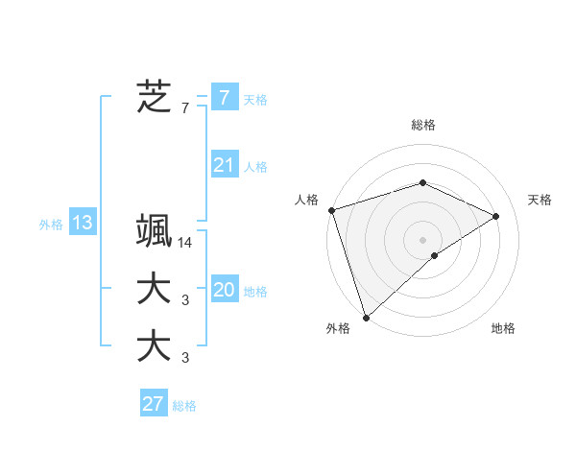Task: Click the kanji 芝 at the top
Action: (154, 96)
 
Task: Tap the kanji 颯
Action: (154, 231)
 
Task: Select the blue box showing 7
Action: (224, 97)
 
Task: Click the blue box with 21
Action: (224, 165)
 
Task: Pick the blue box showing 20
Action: (224, 290)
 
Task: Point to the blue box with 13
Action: (83, 224)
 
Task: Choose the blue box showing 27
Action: (154, 404)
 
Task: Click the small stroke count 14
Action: (185, 244)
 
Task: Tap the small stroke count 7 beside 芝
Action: (184, 108)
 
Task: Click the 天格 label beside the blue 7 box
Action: (255, 99)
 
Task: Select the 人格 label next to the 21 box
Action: (255, 167)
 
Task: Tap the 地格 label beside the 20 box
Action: (255, 292)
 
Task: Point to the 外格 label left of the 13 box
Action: (51, 225)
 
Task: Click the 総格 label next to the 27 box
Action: (184, 406)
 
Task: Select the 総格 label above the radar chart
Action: (422, 126)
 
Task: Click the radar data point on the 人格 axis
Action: (331, 210)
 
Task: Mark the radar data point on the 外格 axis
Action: (366, 317)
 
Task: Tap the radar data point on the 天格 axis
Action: (496, 216)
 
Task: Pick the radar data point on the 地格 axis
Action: (435, 255)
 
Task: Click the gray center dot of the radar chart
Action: (422, 239)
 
